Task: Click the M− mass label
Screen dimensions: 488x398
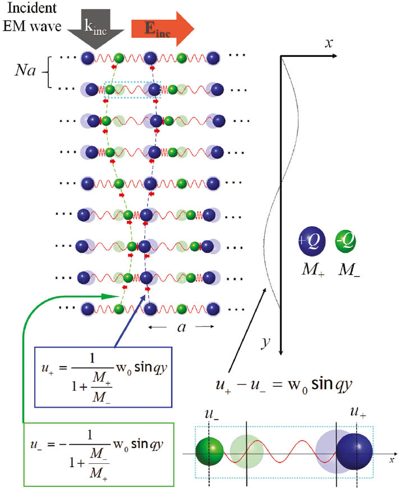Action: [x=349, y=271]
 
